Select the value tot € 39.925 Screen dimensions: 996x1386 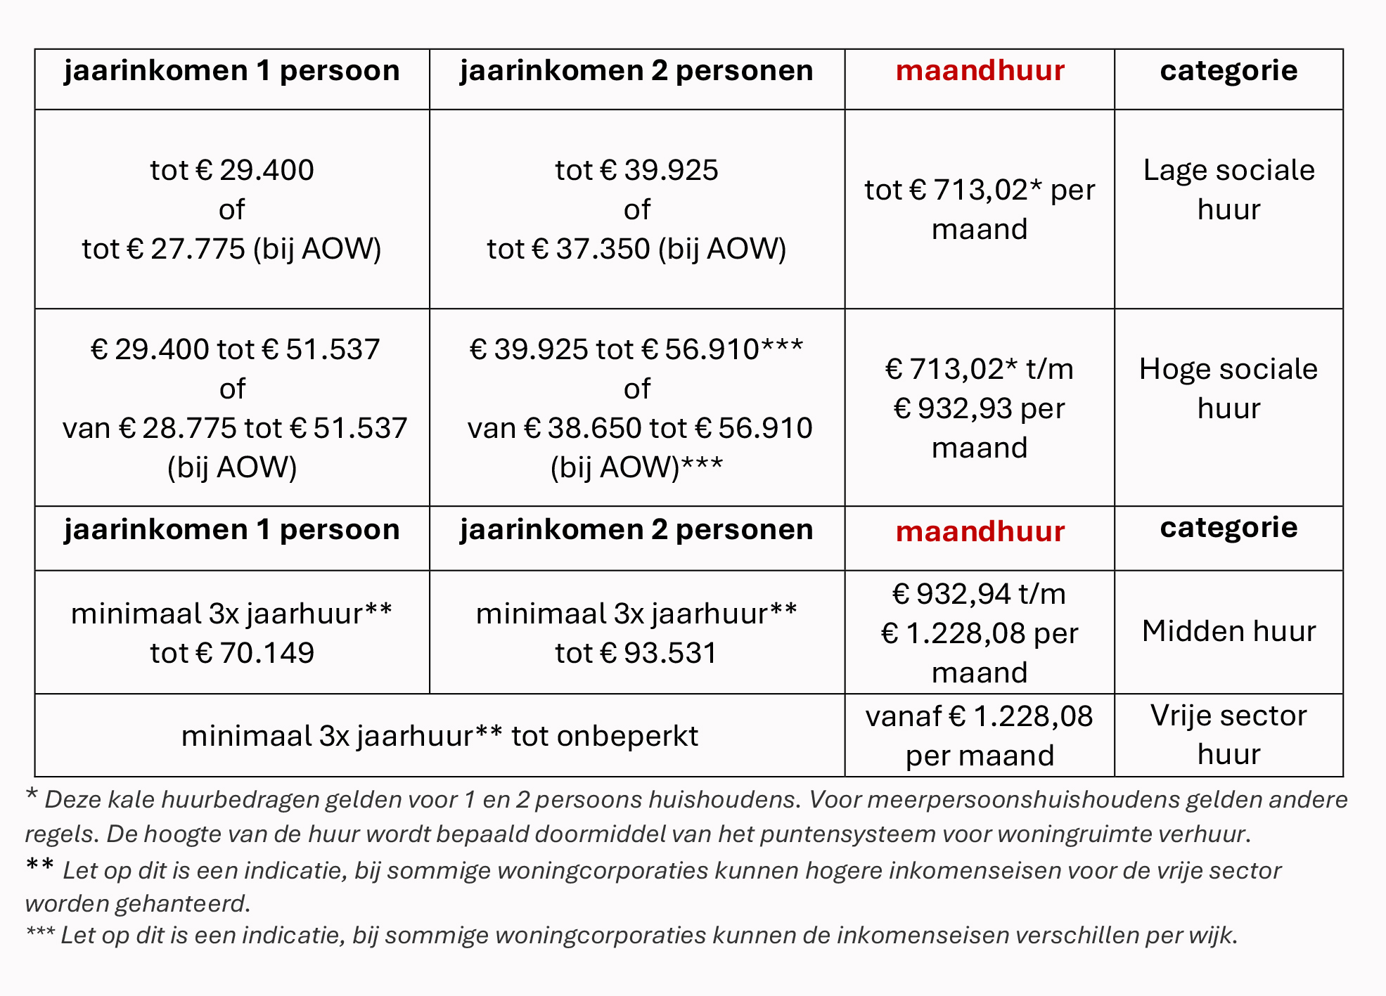point(636,170)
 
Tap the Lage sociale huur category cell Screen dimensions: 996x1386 point(1228,190)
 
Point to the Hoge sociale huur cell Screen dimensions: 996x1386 point(1228,388)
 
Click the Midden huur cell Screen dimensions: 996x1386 point(1228,631)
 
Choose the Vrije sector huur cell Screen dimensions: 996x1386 point(1228,735)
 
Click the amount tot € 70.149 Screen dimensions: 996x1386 point(231,653)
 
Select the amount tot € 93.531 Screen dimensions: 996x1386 point(636,653)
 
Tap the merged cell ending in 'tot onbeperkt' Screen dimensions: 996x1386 point(439,736)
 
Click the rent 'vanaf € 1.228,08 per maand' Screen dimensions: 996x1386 point(979,736)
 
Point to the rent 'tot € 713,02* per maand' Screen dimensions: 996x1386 point(979,209)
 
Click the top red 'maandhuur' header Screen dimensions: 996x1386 point(980,70)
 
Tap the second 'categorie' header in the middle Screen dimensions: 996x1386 point(1228,527)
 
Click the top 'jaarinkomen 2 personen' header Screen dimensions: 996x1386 point(636,70)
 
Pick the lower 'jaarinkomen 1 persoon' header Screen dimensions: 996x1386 point(231,529)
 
